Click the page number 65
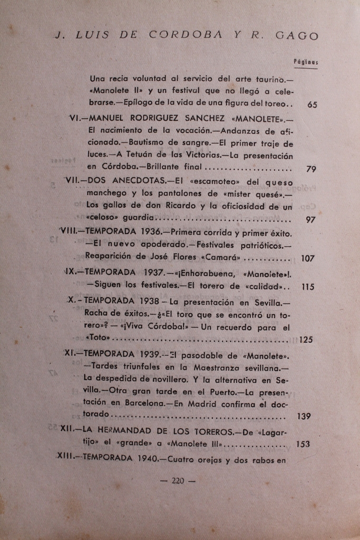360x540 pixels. click(312, 104)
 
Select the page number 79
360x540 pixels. click(311, 169)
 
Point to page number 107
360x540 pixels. click(308, 258)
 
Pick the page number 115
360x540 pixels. click(308, 287)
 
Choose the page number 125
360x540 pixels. click(306, 340)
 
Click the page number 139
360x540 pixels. click(304, 416)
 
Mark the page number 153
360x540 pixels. click(303, 444)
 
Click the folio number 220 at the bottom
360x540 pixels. click(177, 480)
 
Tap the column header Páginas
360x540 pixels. click(306, 62)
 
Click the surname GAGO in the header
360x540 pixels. click(297, 36)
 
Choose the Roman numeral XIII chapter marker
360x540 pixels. click(66, 458)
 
